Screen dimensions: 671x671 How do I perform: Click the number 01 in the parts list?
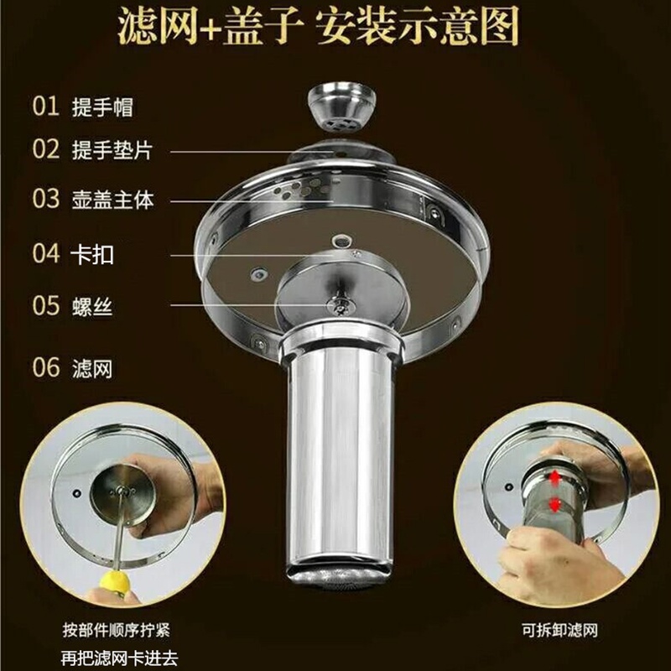tap(46, 107)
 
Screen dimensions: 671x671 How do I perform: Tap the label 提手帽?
tap(102, 107)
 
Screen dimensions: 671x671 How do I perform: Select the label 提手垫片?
tap(112, 150)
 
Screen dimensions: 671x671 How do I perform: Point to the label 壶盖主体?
tap(112, 200)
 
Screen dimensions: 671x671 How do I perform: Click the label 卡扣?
tap(92, 254)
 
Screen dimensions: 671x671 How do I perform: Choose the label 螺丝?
tap(92, 306)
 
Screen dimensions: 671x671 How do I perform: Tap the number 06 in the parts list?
tap(46, 368)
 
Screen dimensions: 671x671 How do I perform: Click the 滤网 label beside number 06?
tap(92, 369)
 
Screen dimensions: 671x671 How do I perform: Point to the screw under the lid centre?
tap(341, 305)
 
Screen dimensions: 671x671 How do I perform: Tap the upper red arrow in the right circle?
tap(554, 479)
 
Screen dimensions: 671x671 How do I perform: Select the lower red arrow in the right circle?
tap(554, 505)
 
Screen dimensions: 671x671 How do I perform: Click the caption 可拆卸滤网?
tap(559, 630)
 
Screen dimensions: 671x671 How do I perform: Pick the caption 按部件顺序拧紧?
tap(116, 630)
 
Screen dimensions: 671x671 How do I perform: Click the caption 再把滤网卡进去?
tap(119, 658)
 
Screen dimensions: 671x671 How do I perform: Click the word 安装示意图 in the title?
tap(418, 27)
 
